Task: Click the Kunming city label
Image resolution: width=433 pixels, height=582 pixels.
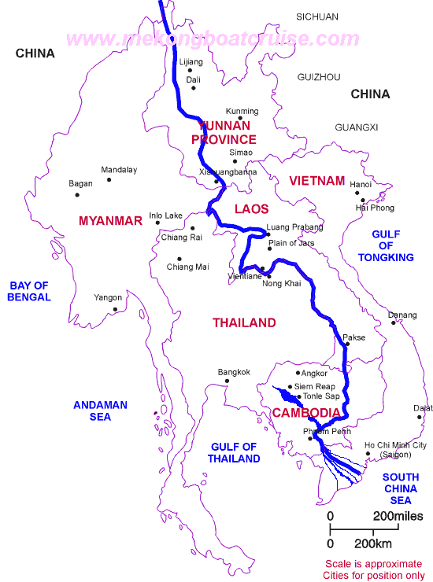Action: coord(242,111)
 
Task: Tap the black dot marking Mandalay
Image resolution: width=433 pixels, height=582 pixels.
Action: coord(109,180)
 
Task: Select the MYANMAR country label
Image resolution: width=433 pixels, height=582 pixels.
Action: coord(110,221)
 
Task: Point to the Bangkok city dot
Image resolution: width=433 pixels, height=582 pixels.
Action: coord(228,381)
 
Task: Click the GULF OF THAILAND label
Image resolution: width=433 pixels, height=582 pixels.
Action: coord(235,453)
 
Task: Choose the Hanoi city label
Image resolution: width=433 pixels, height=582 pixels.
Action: coord(361,185)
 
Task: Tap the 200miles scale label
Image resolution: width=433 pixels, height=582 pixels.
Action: coord(398,516)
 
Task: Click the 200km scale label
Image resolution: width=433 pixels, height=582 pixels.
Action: coord(374,544)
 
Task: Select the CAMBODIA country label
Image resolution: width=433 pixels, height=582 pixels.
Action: coord(306,413)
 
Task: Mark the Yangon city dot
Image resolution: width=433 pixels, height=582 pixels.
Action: coord(116,309)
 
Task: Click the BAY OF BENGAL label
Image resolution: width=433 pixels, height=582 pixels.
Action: coord(29,291)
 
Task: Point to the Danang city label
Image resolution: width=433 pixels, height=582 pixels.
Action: coord(402,315)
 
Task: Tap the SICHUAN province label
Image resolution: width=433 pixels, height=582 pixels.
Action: coord(316,17)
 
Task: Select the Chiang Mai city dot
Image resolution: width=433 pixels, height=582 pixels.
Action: coord(179,259)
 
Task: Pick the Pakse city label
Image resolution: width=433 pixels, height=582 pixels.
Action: coord(353,337)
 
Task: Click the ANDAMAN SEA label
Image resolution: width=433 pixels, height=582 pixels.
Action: coord(100,411)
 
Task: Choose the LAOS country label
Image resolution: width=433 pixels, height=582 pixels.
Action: coord(251,209)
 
